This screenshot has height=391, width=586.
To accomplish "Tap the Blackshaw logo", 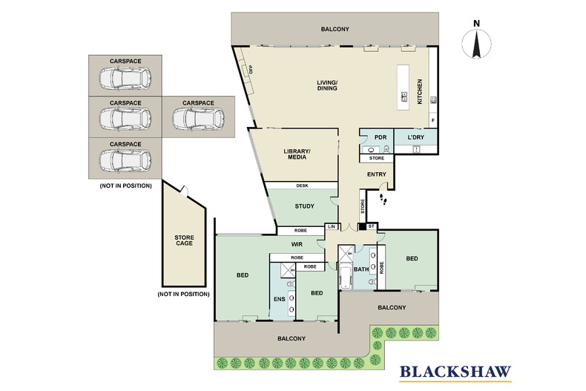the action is (455, 373).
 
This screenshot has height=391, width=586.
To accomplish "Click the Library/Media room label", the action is (297, 154).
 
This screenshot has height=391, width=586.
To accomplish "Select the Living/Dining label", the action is (327, 85).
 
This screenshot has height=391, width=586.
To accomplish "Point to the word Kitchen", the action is (420, 91).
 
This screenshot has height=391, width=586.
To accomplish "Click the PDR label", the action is (381, 137).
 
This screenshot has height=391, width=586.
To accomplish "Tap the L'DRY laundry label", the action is (415, 137).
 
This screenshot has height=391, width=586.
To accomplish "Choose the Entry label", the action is (376, 174).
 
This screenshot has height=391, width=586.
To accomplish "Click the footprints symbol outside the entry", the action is (383, 199).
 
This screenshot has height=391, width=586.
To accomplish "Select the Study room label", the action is (305, 206).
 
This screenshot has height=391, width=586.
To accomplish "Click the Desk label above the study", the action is (302, 185).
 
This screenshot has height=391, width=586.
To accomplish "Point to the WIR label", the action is (297, 245).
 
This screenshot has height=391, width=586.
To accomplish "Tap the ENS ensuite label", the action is (279, 299).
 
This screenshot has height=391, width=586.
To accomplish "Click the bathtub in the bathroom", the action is (346, 276).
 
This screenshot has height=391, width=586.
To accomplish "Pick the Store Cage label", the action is (184, 240).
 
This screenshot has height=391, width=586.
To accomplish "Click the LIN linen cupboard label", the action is (332, 226).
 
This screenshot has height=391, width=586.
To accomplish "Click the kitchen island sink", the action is (404, 96).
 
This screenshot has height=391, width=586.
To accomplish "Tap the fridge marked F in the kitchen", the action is (432, 120).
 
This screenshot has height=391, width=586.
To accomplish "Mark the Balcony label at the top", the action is (335, 29).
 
